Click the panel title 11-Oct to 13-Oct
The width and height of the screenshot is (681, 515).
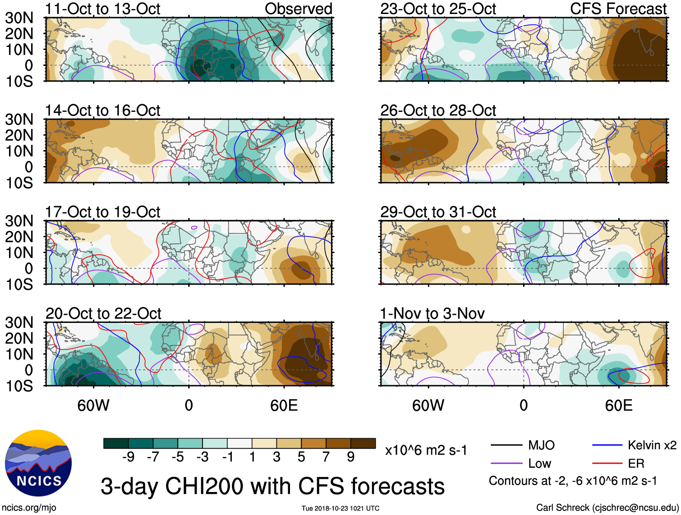pos(102,9)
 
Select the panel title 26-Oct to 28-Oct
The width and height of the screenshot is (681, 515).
pos(438,110)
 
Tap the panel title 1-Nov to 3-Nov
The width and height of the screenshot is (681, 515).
pos(432,313)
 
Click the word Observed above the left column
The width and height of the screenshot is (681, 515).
pos(298,9)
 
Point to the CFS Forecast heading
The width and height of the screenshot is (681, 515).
pos(618,9)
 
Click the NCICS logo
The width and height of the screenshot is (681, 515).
pos(38,463)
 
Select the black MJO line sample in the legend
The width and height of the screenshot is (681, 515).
pos(506,446)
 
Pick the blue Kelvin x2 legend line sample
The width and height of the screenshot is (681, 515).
pos(607,446)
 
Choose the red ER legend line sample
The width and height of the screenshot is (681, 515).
pos(607,463)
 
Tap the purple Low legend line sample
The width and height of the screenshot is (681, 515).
pos(506,463)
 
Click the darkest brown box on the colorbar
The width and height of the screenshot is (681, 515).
pos(363,443)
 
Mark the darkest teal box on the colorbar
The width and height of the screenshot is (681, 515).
pos(116,443)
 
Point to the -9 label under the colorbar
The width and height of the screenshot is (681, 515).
pos(128,457)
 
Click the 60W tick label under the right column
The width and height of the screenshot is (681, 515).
pos(428,405)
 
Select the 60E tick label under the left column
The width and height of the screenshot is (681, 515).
pos(284,405)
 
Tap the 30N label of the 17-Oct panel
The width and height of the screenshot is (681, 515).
pos(19,221)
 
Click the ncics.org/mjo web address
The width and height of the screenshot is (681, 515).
pos(29,508)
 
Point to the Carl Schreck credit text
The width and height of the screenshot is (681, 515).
pos(607,508)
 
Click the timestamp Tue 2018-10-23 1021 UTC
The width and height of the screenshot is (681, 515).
pos(340,508)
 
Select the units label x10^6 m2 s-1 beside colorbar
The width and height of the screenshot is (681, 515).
pos(426,450)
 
